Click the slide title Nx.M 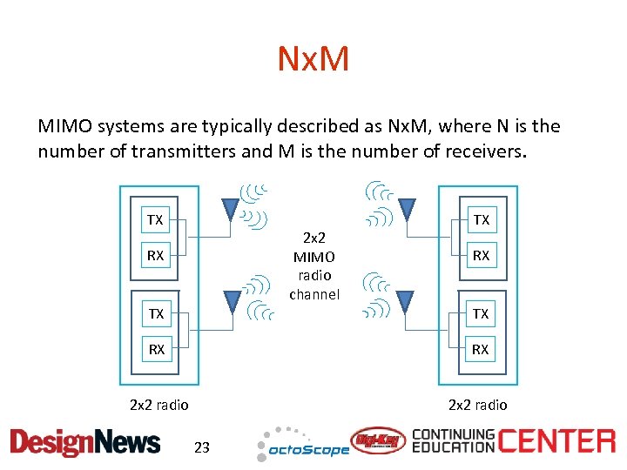pyautogui.click(x=313, y=60)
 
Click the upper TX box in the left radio pyautogui.click(x=155, y=219)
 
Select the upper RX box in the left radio pyautogui.click(x=155, y=256)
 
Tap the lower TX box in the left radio pyautogui.click(x=155, y=313)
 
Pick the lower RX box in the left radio pyautogui.click(x=155, y=350)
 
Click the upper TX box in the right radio pyautogui.click(x=481, y=219)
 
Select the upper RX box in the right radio pyautogui.click(x=481, y=256)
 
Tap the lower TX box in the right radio pyautogui.click(x=481, y=313)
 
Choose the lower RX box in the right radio pyautogui.click(x=481, y=350)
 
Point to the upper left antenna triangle pyautogui.click(x=230, y=208)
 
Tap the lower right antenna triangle pyautogui.click(x=406, y=299)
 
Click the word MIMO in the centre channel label pyautogui.click(x=314, y=257)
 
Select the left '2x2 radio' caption pyautogui.click(x=158, y=405)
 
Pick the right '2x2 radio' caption pyautogui.click(x=477, y=405)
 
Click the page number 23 pyautogui.click(x=202, y=448)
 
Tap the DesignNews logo pyautogui.click(x=85, y=442)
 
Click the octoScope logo pyautogui.click(x=302, y=446)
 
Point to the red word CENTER pyautogui.click(x=557, y=440)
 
